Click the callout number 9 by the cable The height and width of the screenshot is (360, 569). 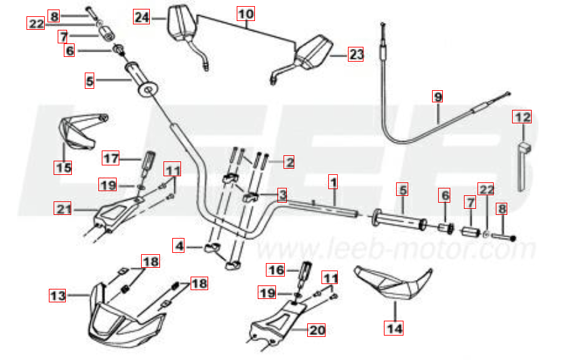point(437,96)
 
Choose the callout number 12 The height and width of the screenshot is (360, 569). point(522,117)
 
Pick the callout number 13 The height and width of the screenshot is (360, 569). point(58,295)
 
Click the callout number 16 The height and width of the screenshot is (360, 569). point(275,270)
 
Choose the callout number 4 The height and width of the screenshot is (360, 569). point(179,245)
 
